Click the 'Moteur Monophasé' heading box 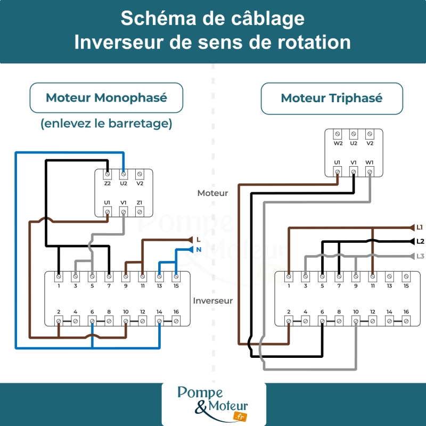point(106,98)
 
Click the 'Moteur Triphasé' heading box point(331,98)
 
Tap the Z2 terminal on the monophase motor point(108,174)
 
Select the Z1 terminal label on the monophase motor point(140,203)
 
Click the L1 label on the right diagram point(420,227)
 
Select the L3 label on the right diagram point(420,256)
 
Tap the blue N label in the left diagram point(199,249)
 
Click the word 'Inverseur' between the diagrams point(213,300)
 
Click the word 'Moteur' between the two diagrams point(212,193)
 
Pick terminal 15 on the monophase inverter point(176,277)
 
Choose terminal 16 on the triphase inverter point(406,321)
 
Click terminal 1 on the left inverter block point(59,277)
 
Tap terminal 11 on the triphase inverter point(372,277)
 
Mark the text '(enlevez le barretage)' point(106,124)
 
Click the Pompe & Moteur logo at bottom point(214,404)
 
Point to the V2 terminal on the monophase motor point(140,174)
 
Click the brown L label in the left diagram point(199,240)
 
